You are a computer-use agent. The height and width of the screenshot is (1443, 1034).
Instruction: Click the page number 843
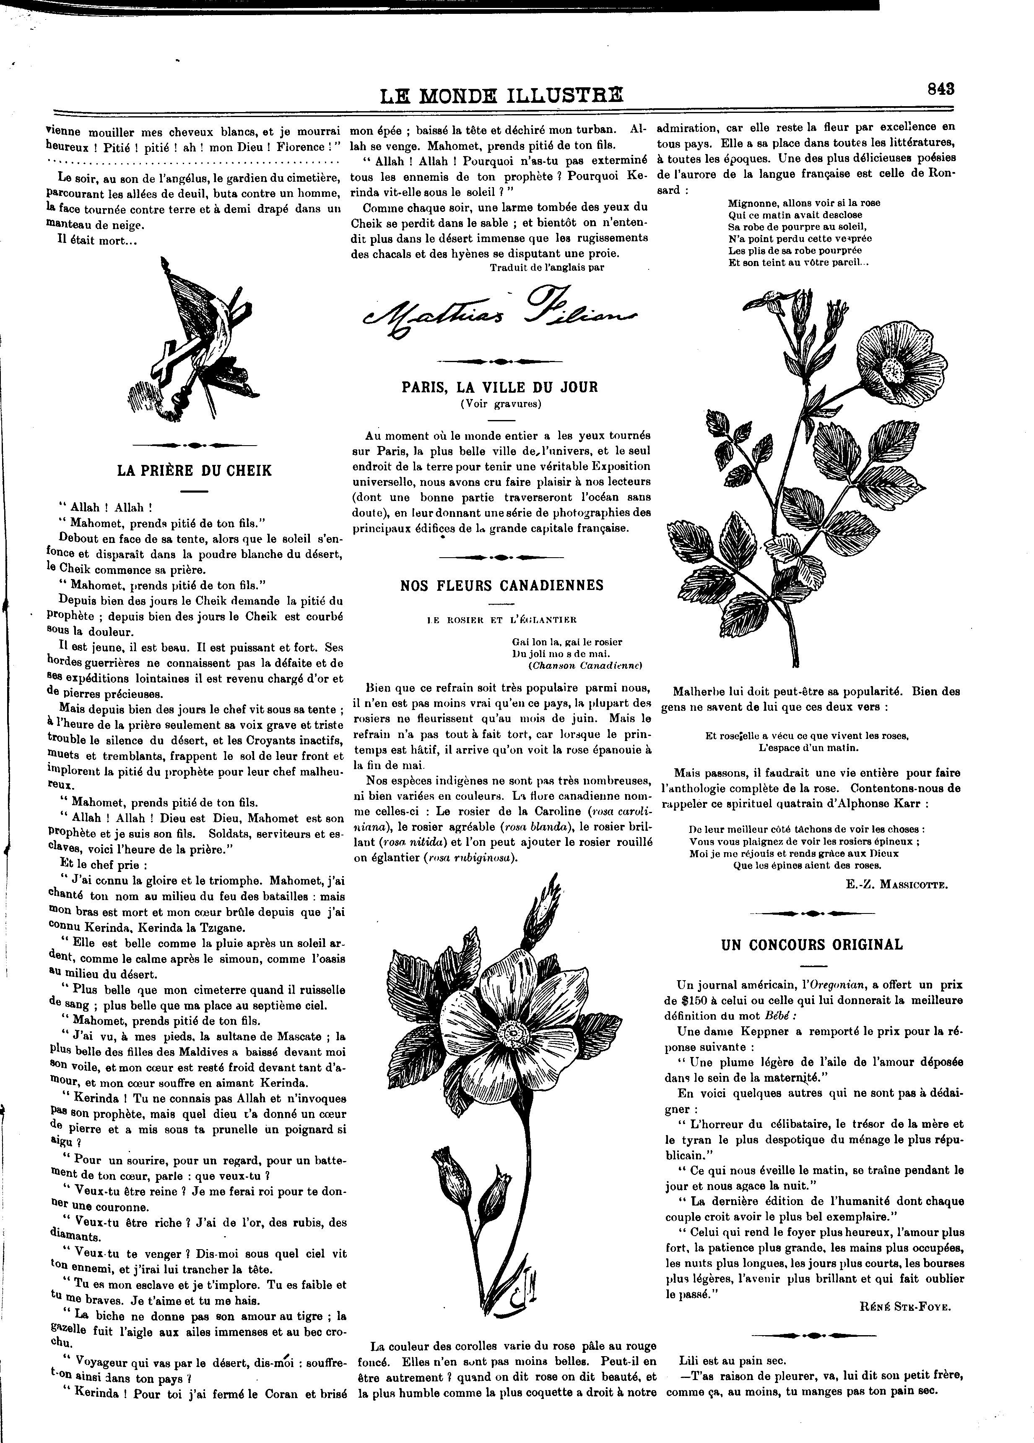click(940, 89)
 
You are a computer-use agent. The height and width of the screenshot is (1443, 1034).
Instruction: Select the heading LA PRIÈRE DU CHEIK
click(195, 471)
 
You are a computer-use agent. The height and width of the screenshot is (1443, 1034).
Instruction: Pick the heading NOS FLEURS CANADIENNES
click(502, 585)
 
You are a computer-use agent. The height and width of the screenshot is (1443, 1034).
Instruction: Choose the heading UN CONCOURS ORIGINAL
click(812, 945)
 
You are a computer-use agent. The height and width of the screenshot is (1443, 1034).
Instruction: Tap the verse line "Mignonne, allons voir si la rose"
click(804, 203)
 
